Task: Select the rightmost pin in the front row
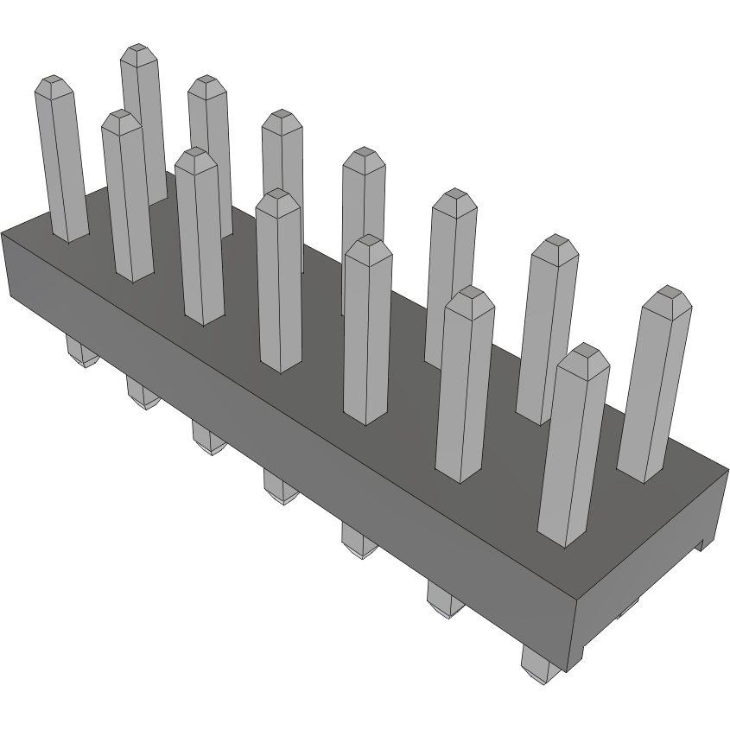tap(571, 449)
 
